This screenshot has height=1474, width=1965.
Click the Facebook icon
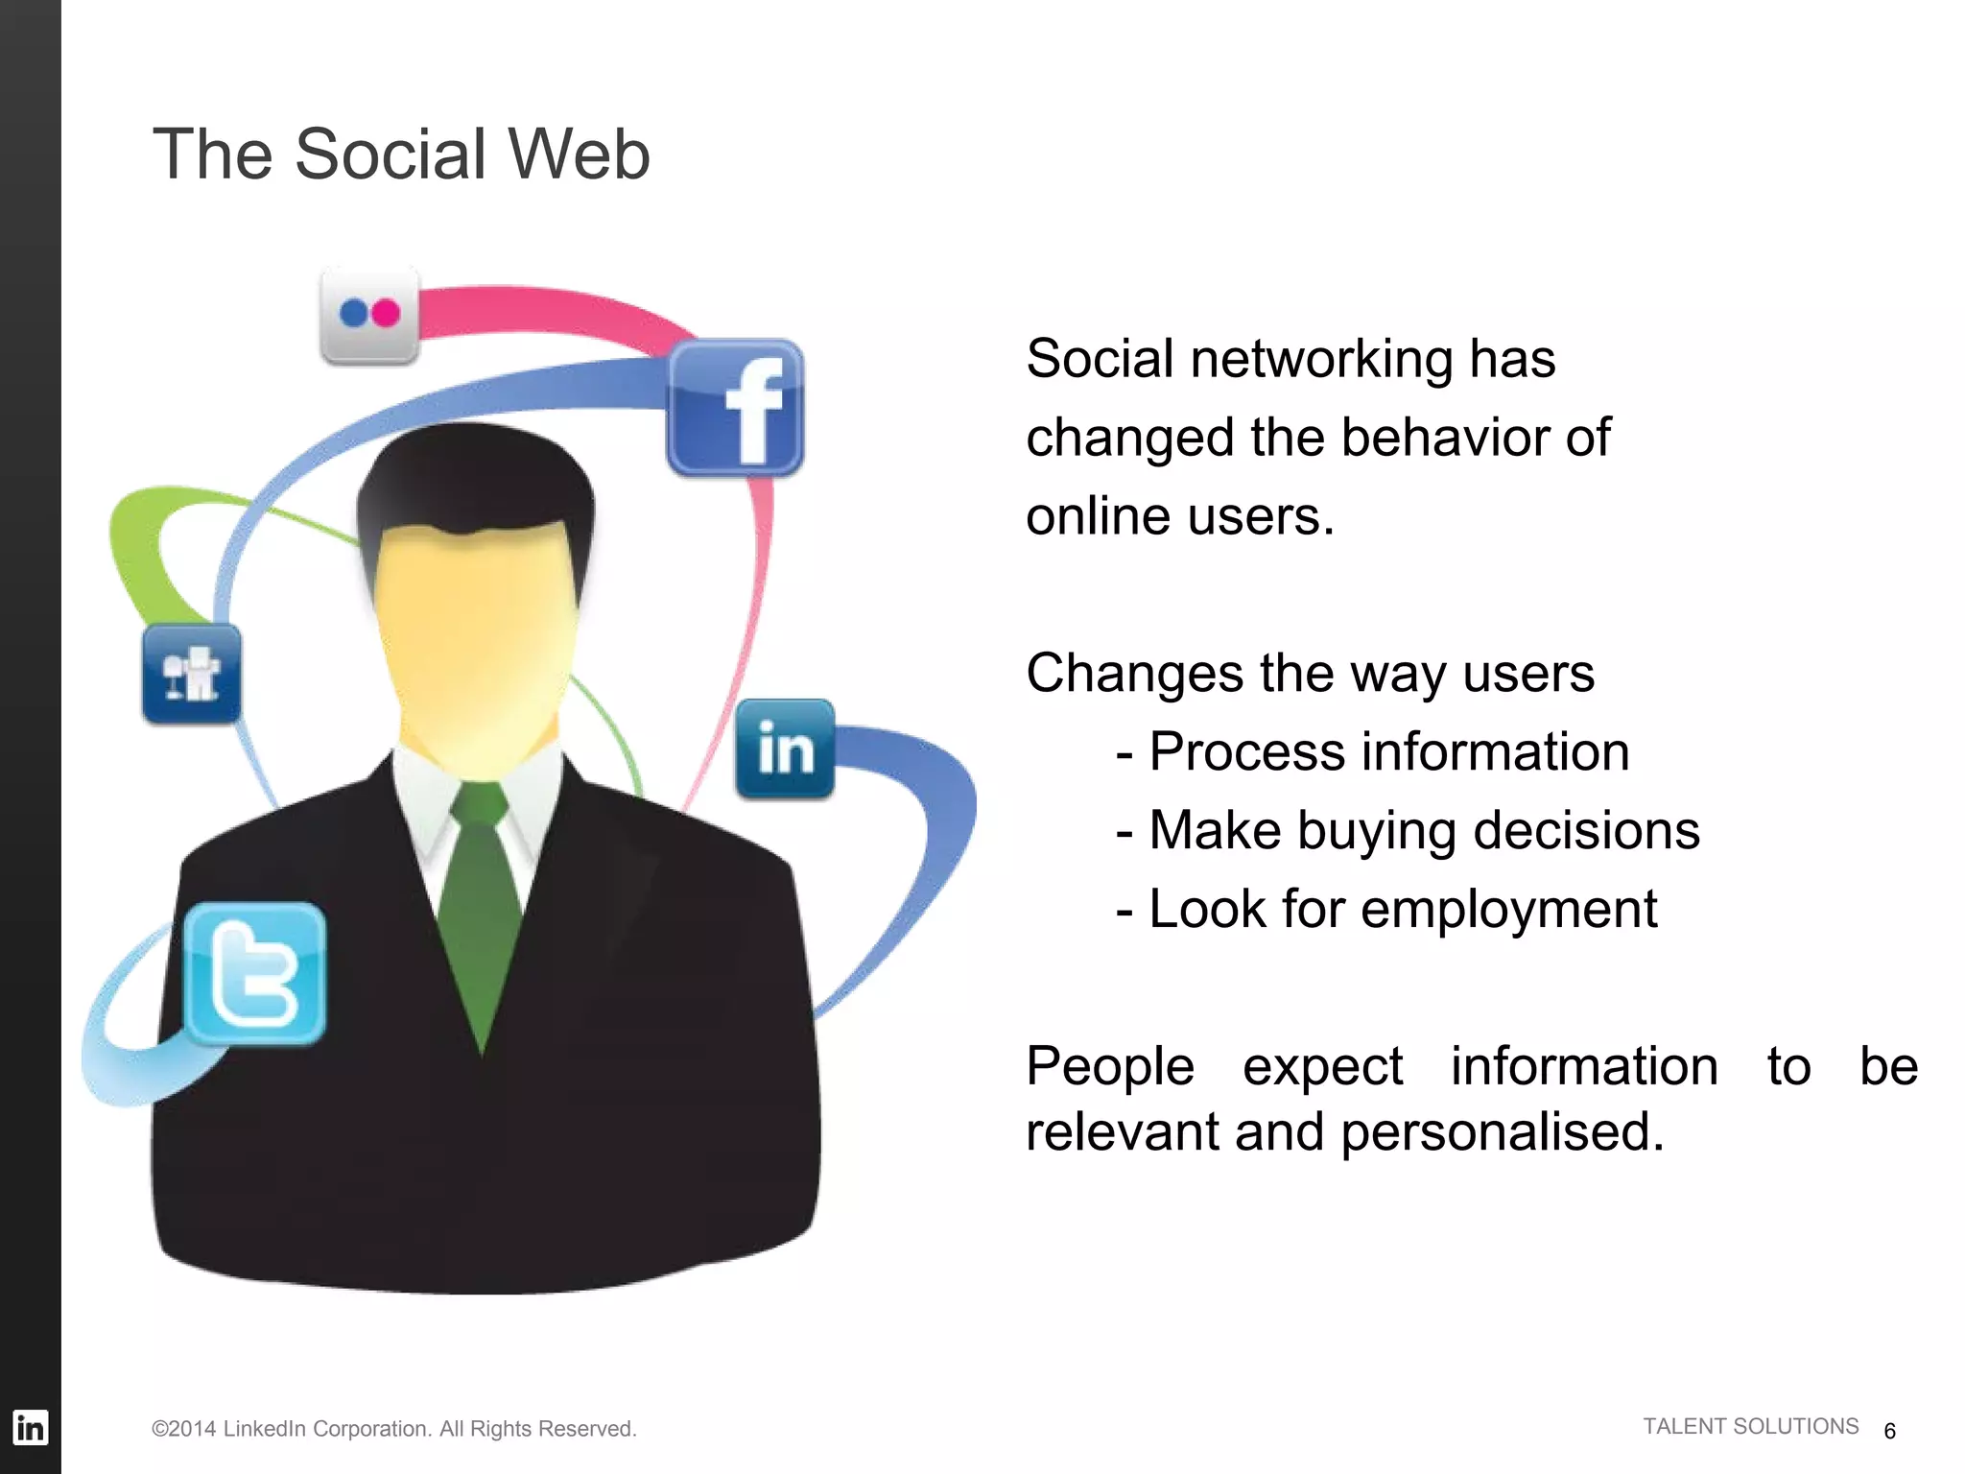tap(735, 408)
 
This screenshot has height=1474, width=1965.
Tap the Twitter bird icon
tap(254, 974)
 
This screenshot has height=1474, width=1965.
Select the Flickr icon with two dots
tap(369, 314)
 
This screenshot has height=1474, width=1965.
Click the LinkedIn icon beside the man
tap(785, 749)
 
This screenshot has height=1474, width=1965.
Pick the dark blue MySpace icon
tap(192, 674)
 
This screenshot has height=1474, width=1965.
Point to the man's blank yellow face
tap(475, 633)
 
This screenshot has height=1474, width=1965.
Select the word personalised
tap(1502, 1132)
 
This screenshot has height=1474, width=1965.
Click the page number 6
tap(1889, 1431)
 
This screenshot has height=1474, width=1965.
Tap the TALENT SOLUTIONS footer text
tap(1750, 1427)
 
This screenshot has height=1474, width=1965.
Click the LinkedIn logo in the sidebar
tap(30, 1428)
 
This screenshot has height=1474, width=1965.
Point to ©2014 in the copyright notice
tap(184, 1429)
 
